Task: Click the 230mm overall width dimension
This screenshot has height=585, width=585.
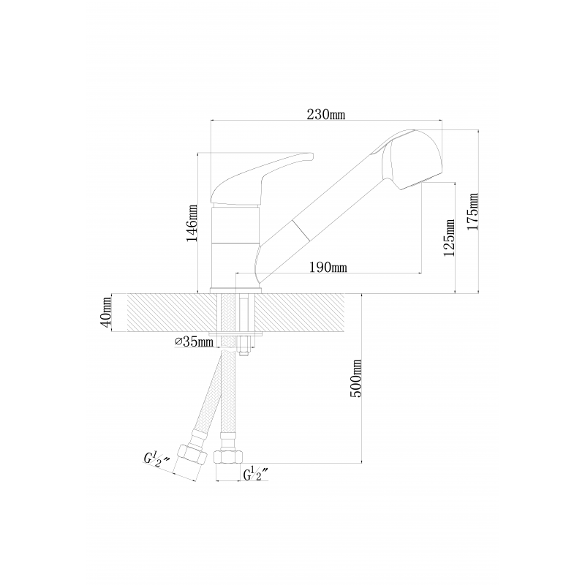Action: point(325,114)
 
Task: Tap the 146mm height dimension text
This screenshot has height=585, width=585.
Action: point(192,223)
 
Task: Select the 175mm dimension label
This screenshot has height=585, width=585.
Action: point(472,211)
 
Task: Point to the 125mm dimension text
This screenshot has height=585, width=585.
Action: point(449,238)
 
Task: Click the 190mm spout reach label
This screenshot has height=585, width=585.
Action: point(328,267)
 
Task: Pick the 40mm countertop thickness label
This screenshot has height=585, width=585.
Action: point(107,312)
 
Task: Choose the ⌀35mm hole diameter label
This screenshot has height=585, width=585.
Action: point(194,341)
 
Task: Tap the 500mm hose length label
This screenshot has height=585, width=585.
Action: point(356,378)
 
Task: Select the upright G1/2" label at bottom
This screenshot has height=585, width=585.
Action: point(257,474)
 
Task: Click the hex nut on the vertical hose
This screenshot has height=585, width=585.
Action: point(228,458)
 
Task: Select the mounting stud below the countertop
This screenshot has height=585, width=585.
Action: point(244,346)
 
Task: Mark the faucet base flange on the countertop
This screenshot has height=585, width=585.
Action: point(235,290)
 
